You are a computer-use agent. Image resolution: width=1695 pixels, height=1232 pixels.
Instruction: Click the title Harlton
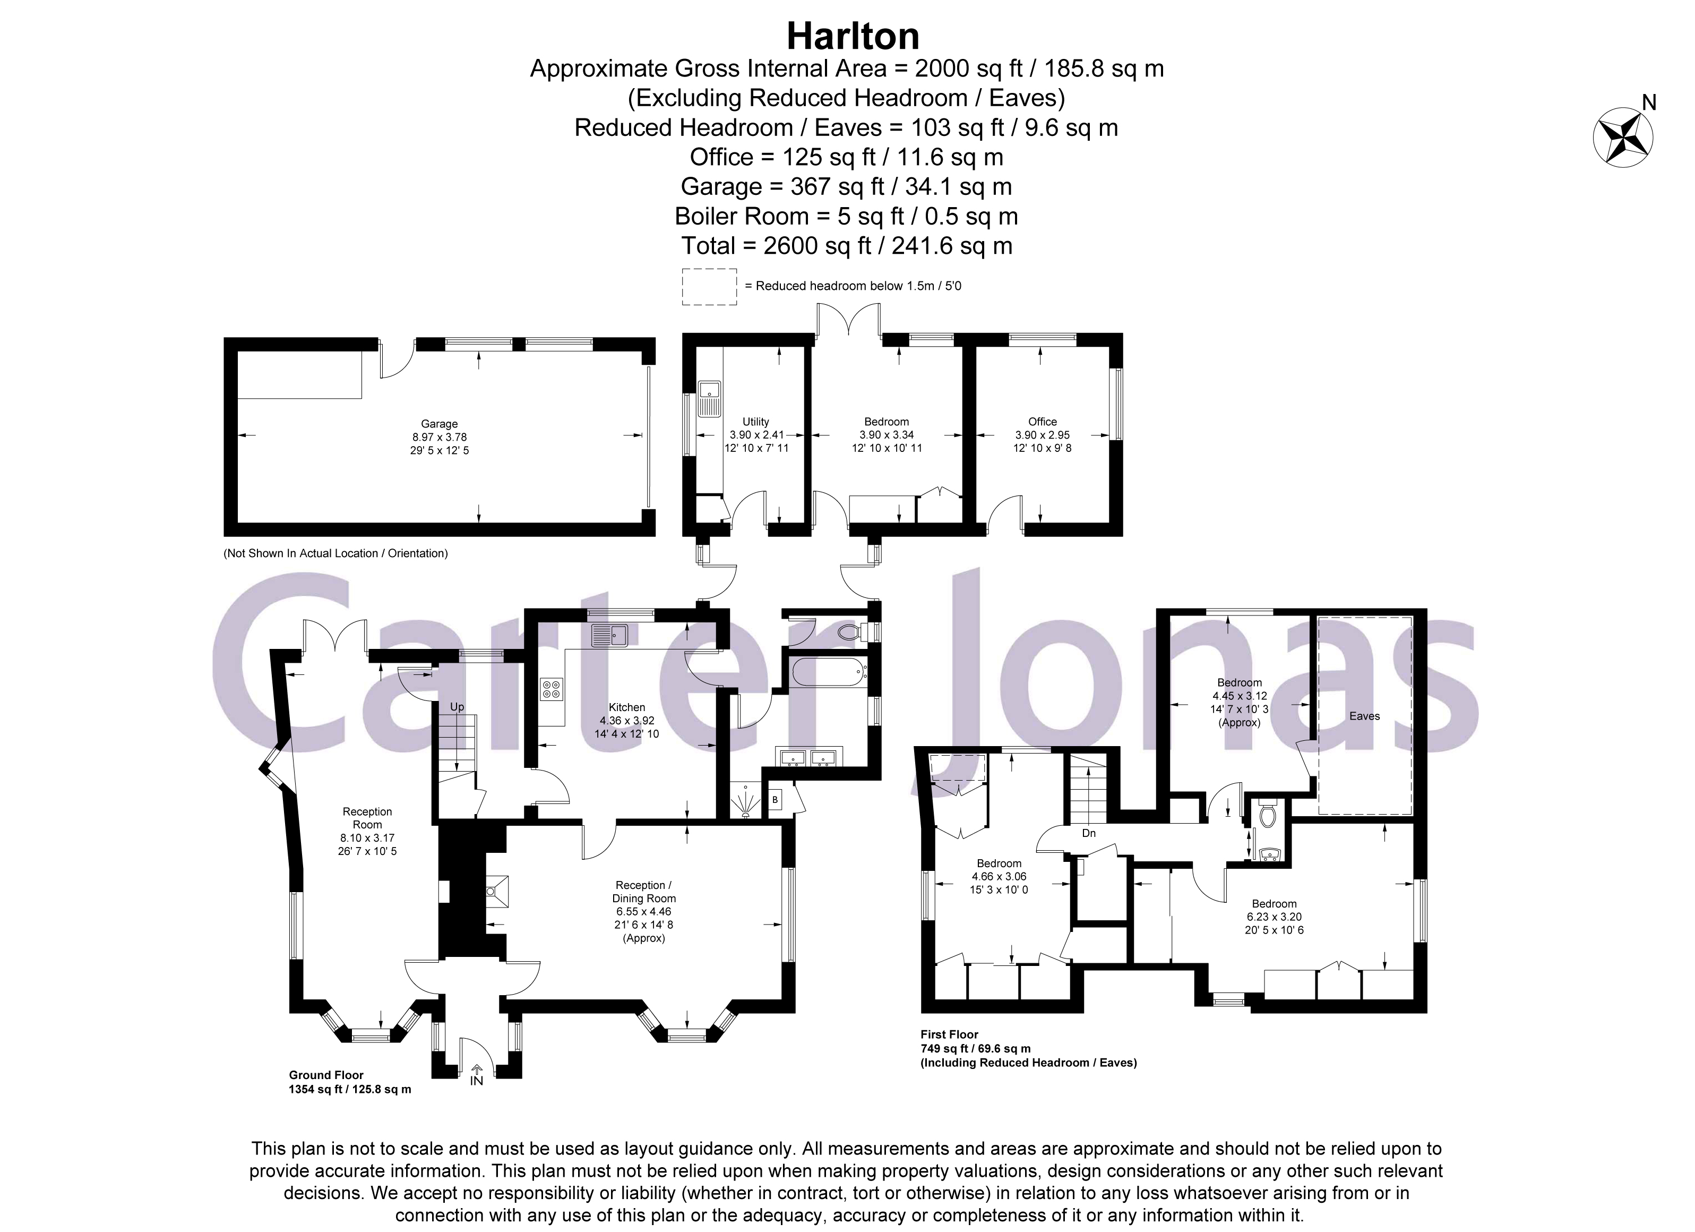click(853, 36)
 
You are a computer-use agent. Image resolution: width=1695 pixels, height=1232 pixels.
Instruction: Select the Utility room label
click(755, 422)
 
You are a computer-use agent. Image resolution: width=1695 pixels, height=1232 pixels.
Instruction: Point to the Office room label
click(1042, 422)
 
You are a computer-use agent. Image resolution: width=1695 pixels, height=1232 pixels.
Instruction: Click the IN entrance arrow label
click(477, 1080)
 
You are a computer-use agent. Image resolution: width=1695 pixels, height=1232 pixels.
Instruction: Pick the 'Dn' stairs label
click(1089, 833)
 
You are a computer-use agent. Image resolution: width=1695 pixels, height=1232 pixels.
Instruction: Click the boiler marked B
click(775, 800)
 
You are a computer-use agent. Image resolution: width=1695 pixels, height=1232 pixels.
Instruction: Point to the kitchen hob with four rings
click(552, 689)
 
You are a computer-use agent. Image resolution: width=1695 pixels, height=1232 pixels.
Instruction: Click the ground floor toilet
click(850, 632)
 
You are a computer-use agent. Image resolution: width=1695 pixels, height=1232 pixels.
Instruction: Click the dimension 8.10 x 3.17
click(367, 838)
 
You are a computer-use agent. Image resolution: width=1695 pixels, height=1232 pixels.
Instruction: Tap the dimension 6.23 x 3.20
click(1274, 917)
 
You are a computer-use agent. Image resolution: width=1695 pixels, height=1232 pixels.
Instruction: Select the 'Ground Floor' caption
click(326, 1075)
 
